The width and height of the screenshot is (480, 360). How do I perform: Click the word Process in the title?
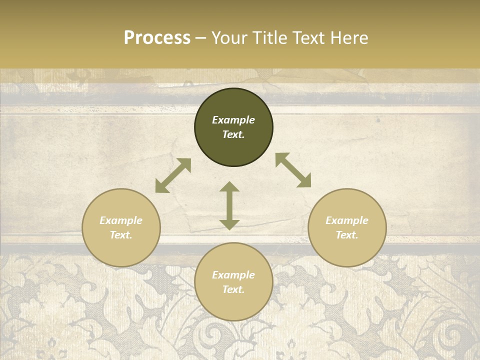(157, 38)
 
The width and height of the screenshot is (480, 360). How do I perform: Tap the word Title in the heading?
(269, 38)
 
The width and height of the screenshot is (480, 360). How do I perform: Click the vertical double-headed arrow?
(229, 205)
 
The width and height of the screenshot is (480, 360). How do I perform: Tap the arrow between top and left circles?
(173, 175)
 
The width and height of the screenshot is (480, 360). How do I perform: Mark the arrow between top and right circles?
(293, 170)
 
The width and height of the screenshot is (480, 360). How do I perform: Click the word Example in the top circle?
(233, 120)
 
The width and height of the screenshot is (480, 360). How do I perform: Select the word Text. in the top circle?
(233, 134)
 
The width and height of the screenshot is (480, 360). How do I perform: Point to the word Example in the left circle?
(121, 220)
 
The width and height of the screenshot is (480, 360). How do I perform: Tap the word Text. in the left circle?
(121, 235)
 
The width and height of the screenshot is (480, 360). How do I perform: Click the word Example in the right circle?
(347, 220)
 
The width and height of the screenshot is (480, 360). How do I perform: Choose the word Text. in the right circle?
(347, 235)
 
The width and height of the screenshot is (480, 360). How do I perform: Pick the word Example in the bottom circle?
(233, 275)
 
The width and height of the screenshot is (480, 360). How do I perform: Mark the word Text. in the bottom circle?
(233, 289)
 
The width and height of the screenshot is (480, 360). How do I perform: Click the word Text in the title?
(307, 38)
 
